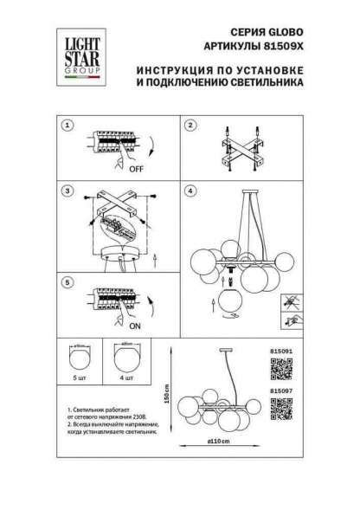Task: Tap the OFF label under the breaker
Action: (x=135, y=169)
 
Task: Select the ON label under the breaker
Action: (x=135, y=326)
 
